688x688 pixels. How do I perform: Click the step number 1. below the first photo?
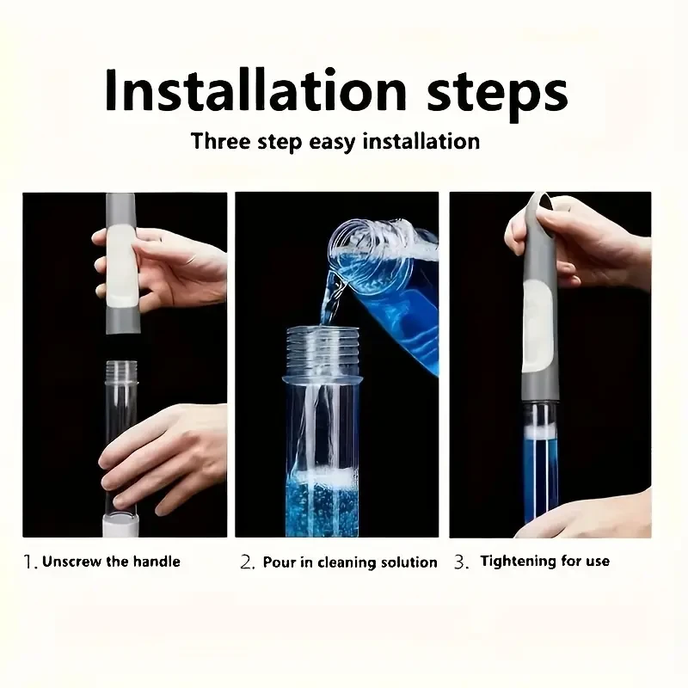[x=30, y=562]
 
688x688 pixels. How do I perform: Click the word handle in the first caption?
[x=157, y=562]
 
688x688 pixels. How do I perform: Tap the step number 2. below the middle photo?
[x=248, y=563]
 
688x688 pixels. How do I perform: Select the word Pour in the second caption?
[x=279, y=562]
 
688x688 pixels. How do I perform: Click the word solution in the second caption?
[x=404, y=562]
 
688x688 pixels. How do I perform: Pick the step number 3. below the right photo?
[x=462, y=562]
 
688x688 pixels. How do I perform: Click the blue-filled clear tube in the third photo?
[x=540, y=464]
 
